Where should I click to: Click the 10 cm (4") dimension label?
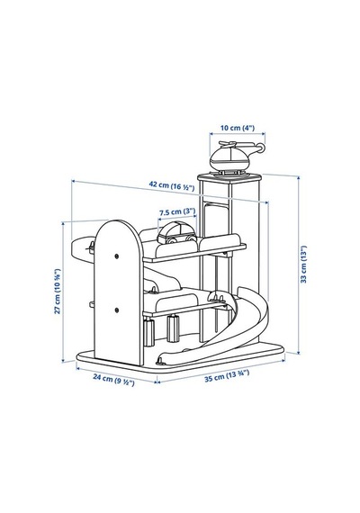pyautogui.click(x=238, y=128)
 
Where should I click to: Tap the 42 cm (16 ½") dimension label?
pyautogui.click(x=172, y=185)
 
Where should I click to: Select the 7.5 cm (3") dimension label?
pyautogui.click(x=177, y=212)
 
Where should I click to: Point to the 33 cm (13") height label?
pyautogui.click(x=304, y=265)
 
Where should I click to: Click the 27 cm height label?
pyautogui.click(x=58, y=292)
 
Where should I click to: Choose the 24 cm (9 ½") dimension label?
pyautogui.click(x=113, y=380)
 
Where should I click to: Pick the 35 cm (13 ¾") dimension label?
pyautogui.click(x=227, y=376)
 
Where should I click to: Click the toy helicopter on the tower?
pyautogui.click(x=235, y=158)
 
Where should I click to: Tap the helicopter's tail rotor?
pyautogui.click(x=260, y=148)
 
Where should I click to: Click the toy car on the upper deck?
pyautogui.click(x=177, y=233)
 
